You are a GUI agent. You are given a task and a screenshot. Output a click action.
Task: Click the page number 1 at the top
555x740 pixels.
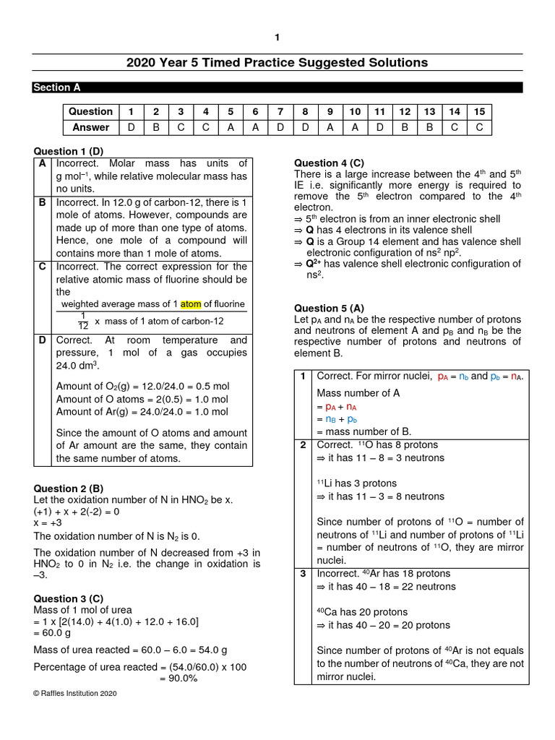click(x=277, y=38)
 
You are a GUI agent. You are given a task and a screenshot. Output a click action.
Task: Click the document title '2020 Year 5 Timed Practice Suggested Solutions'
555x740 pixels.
click(x=277, y=63)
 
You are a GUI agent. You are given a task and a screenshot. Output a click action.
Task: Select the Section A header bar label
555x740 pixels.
click(x=56, y=87)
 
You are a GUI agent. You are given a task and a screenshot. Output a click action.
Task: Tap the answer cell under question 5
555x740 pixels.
click(x=231, y=127)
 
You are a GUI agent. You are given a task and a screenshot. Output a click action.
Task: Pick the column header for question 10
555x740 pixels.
click(x=354, y=111)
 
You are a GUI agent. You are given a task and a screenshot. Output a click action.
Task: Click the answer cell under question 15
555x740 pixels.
click(x=478, y=127)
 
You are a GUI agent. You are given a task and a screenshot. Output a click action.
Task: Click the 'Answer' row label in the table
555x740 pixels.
click(x=90, y=127)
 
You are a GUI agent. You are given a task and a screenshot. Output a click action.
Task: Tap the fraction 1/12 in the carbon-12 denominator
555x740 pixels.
click(x=82, y=320)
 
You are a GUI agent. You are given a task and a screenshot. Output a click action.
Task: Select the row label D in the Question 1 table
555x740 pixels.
click(x=43, y=340)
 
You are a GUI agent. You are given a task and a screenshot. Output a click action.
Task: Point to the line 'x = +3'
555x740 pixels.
click(x=50, y=523)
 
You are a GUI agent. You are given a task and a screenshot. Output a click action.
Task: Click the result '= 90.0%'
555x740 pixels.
click(x=178, y=679)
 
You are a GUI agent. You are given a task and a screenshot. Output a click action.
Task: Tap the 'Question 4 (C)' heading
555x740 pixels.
click(x=329, y=163)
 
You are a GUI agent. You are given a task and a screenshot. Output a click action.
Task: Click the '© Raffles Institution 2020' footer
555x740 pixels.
click(x=74, y=693)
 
